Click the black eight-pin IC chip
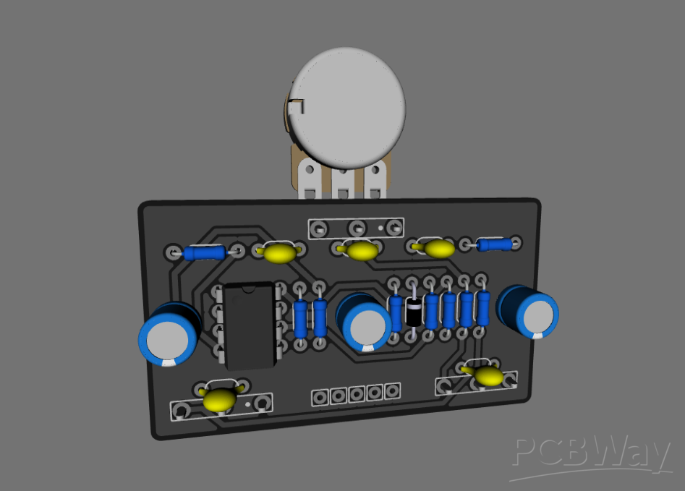click(249, 325)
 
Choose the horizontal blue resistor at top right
click(494, 244)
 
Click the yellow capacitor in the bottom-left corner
click(218, 399)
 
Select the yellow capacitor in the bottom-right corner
click(489, 375)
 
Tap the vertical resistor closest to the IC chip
click(301, 317)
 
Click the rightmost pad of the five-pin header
click(392, 390)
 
